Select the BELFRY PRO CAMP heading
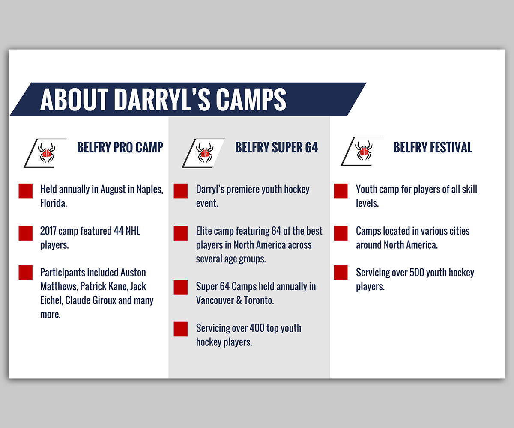(120, 147)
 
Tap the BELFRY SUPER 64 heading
(276, 147)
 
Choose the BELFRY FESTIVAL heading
(433, 147)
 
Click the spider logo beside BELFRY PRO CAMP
(47, 152)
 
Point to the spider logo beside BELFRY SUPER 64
(205, 152)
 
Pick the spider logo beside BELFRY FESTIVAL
(364, 151)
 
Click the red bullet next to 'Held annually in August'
(26, 191)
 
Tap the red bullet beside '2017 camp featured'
(26, 233)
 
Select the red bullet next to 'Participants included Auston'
(26, 273)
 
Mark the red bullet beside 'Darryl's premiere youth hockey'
(181, 191)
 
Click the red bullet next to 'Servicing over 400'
(181, 329)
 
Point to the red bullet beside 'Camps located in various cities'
(341, 233)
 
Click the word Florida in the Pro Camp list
(54, 203)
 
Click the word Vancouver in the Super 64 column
(215, 300)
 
